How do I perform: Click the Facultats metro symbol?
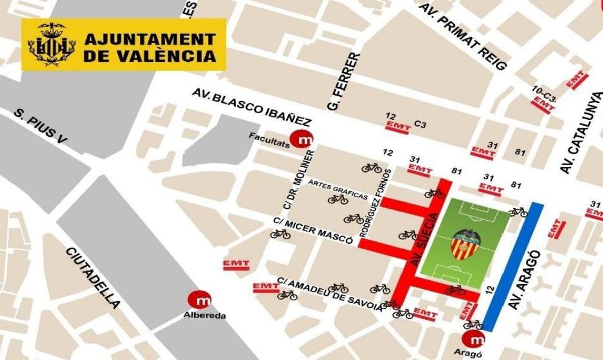[303, 139]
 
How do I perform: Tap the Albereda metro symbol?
[199, 300]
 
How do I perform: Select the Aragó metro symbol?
[473, 340]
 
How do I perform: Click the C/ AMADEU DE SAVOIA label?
[330, 295]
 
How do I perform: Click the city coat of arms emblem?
[51, 44]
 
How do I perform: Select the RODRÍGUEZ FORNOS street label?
[370, 204]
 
